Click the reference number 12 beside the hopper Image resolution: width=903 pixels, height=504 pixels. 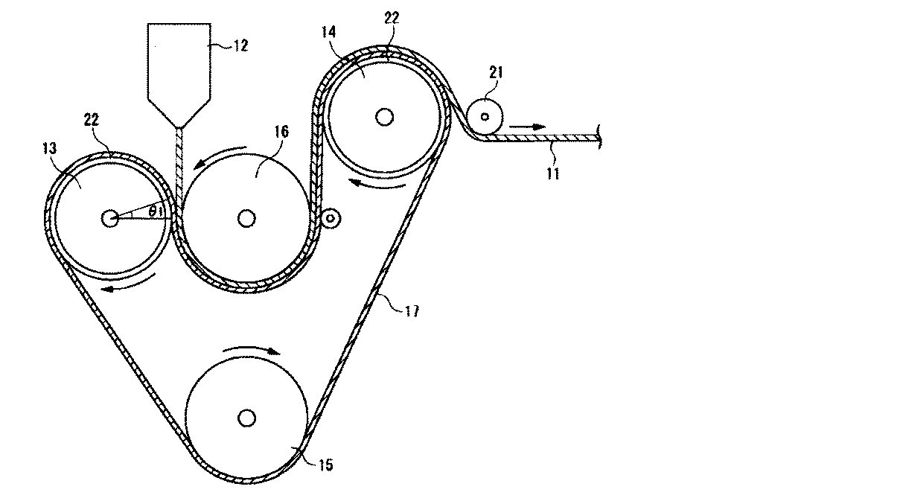click(240, 45)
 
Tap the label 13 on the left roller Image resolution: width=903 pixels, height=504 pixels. click(50, 149)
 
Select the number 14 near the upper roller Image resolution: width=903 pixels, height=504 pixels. click(329, 32)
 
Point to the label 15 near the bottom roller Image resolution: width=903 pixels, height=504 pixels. click(326, 465)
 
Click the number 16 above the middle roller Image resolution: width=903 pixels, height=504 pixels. click(282, 132)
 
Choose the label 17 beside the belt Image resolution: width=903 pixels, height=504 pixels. click(412, 311)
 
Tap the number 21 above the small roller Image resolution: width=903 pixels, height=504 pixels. click(497, 72)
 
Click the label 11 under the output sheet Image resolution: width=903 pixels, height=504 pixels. click(552, 173)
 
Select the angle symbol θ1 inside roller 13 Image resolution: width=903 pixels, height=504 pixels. click(155, 211)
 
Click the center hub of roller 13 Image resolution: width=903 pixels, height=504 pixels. click(109, 219)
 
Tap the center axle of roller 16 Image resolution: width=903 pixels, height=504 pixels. click(246, 219)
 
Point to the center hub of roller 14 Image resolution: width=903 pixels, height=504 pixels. click(384, 117)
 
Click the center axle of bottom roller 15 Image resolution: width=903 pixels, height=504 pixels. click(246, 418)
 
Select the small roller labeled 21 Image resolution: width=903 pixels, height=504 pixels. click(485, 117)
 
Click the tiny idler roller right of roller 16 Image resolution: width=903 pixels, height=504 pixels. click(331, 219)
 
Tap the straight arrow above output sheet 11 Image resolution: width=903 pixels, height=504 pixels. click(527, 127)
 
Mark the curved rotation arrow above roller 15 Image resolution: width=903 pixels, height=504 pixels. click(251, 348)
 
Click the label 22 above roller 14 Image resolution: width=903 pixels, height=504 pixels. click(392, 18)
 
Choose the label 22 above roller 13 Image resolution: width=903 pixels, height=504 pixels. click(91, 120)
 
